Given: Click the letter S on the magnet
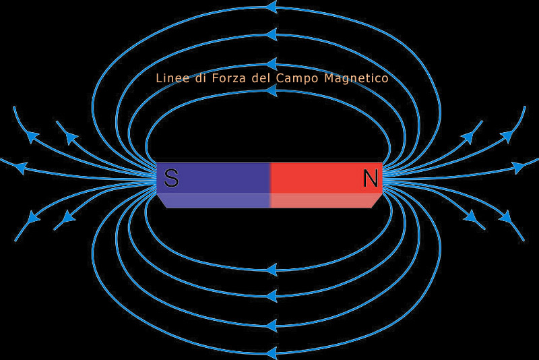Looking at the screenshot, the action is click(171, 178).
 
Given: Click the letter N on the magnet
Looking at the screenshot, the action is click(371, 178).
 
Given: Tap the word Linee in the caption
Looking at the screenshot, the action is click(172, 78).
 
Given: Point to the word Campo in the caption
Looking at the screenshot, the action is click(297, 79).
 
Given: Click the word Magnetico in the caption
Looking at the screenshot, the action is click(356, 79).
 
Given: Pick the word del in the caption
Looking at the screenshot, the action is click(261, 78).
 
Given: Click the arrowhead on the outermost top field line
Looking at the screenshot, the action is click(272, 7).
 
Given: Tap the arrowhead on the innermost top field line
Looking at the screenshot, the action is click(272, 91).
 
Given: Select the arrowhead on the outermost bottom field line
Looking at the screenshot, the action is click(272, 353).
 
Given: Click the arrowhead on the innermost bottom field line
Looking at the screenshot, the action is click(272, 270).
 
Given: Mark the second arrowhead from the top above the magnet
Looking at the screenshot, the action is click(272, 34).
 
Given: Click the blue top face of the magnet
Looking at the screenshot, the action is click(213, 178).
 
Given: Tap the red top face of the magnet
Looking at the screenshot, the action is click(327, 178).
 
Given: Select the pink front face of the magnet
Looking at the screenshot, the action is click(325, 201).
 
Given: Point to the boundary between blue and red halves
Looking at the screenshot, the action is click(271, 185).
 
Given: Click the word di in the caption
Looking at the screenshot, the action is click(200, 78).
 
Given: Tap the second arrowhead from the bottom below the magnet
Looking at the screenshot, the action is click(272, 325).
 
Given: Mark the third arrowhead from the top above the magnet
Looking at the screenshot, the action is click(272, 64).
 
